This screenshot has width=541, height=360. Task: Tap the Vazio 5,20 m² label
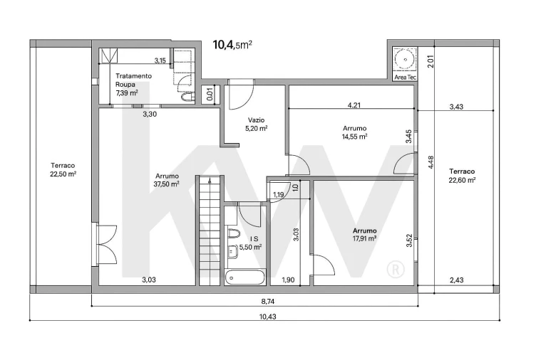coord(257,125)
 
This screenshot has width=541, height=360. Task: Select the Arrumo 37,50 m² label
coord(167,179)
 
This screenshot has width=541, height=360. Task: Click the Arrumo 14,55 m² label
coord(354,132)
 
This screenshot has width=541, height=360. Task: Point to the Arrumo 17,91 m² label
coord(364,235)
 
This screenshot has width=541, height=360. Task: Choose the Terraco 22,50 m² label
coord(63,169)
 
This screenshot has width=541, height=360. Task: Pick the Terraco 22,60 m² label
coord(462,176)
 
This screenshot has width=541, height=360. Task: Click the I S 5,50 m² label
coord(250,243)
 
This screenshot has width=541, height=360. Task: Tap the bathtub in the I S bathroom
coord(245,277)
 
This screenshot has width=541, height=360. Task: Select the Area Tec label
coord(405,77)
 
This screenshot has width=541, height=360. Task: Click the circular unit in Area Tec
coord(404,57)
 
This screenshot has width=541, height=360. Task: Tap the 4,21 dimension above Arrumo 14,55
coord(354,105)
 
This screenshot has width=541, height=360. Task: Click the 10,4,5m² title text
coord(232,45)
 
